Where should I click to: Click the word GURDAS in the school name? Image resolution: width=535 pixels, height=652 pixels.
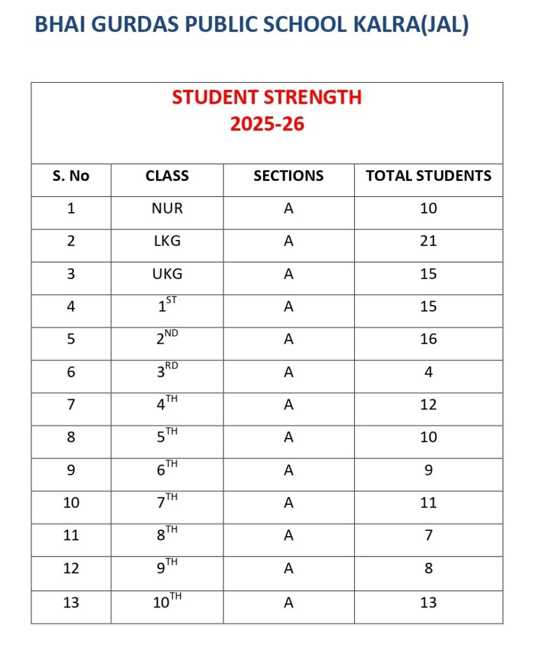pyautogui.click(x=129, y=24)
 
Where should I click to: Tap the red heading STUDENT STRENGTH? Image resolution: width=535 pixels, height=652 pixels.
pyautogui.click(x=267, y=97)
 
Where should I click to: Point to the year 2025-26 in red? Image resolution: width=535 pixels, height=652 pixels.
pyautogui.click(x=267, y=124)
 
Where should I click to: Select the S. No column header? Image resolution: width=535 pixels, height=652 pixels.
pyautogui.click(x=71, y=176)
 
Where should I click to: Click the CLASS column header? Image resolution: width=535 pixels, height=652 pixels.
pyautogui.click(x=167, y=176)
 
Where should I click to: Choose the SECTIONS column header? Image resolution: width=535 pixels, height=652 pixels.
pyautogui.click(x=289, y=176)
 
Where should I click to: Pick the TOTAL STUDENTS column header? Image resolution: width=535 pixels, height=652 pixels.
pyautogui.click(x=429, y=176)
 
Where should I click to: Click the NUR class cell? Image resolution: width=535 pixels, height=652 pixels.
pyautogui.click(x=167, y=208)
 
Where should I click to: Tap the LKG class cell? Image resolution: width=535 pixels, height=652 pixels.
pyautogui.click(x=167, y=241)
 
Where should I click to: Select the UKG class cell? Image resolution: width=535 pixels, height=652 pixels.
pyautogui.click(x=167, y=274)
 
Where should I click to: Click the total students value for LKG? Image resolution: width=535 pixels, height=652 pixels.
pyautogui.click(x=429, y=241)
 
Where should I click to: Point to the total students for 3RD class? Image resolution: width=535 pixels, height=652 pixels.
pyautogui.click(x=429, y=372)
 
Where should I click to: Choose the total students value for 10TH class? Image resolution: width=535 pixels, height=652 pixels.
pyautogui.click(x=429, y=602)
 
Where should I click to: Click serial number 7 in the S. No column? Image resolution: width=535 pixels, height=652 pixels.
pyautogui.click(x=71, y=405)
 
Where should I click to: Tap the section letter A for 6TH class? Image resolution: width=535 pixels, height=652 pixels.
pyautogui.click(x=289, y=470)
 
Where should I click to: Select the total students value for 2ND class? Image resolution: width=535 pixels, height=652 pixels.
pyautogui.click(x=429, y=339)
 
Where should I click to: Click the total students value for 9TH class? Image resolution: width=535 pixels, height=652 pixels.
pyautogui.click(x=429, y=568)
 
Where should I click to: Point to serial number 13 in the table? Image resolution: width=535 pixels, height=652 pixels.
pyautogui.click(x=71, y=602)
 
